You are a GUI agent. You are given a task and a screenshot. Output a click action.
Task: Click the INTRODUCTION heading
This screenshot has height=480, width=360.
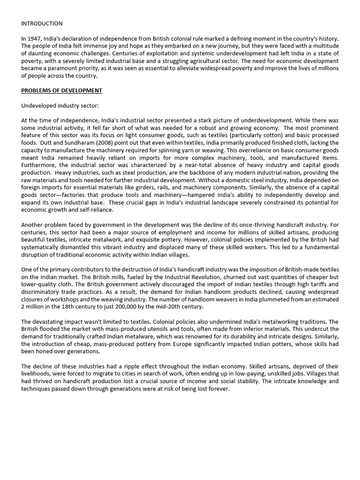42,23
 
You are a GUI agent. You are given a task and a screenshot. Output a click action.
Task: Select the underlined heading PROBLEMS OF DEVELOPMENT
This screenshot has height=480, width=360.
61,90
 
